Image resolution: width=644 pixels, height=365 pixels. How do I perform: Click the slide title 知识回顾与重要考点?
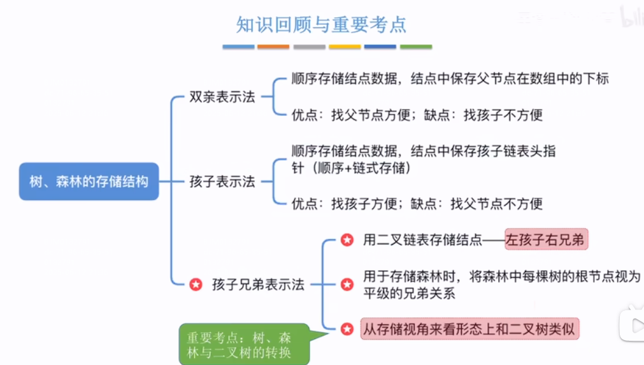pyautogui.click(x=321, y=24)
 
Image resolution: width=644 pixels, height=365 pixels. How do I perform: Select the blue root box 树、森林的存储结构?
pyautogui.click(x=89, y=182)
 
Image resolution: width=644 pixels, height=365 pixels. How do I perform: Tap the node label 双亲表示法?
pyautogui.click(x=222, y=97)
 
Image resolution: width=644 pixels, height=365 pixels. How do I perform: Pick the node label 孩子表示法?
pyautogui.click(x=222, y=182)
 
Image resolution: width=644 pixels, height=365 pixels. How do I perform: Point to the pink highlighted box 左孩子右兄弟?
pyautogui.click(x=546, y=240)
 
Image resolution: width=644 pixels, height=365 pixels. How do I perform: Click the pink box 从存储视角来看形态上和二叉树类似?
pyautogui.click(x=470, y=329)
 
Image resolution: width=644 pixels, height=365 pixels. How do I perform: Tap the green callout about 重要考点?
pyautogui.click(x=243, y=345)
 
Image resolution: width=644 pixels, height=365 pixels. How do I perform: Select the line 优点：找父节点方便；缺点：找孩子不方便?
pyautogui.click(x=417, y=115)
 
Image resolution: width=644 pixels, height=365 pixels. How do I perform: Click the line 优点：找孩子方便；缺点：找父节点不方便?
pyautogui.click(x=417, y=204)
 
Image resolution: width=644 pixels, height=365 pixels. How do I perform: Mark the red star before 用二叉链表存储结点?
pyautogui.click(x=347, y=240)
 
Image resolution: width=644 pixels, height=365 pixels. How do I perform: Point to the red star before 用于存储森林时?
pyautogui.click(x=347, y=285)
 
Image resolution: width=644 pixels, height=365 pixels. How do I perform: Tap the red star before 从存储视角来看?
pyautogui.click(x=347, y=329)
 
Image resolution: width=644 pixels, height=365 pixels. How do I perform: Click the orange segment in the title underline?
pyautogui.click(x=274, y=47)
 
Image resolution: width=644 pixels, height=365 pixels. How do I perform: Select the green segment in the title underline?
pyautogui.click(x=416, y=47)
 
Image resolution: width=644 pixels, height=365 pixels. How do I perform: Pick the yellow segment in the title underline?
pyautogui.click(x=345, y=47)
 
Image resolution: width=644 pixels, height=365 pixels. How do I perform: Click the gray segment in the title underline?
pyautogui.click(x=310, y=47)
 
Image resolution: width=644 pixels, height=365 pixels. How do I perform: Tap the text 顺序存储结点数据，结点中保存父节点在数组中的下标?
pyautogui.click(x=450, y=79)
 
